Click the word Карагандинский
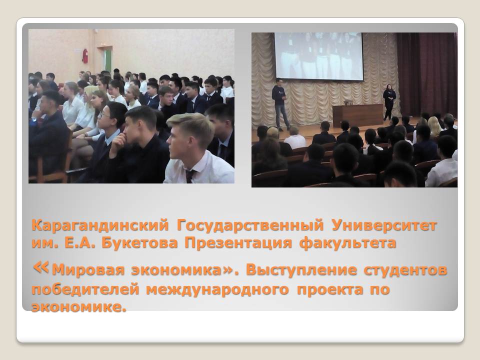[x=100, y=226]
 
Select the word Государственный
[x=250, y=226]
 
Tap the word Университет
[x=384, y=226]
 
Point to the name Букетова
[x=139, y=243]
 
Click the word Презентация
[x=238, y=243]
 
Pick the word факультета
[x=348, y=243]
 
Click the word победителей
[x=85, y=289]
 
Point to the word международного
[x=217, y=289]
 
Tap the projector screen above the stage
[x=318, y=56]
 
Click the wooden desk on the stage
[x=358, y=115]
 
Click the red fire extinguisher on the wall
[x=85, y=56]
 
